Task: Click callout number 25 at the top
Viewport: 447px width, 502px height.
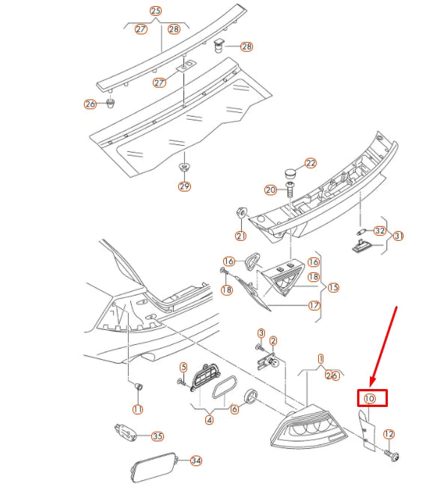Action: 156,11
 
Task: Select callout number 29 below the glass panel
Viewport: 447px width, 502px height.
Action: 184,186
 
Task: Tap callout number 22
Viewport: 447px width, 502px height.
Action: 311,163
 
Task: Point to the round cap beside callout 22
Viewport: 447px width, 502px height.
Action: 291,174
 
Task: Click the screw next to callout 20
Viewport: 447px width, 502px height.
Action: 291,189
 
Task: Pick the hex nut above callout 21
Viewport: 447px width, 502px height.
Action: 242,213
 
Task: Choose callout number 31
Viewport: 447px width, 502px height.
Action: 398,236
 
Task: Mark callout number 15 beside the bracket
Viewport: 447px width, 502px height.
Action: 333,287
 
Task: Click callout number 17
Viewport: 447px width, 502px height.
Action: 314,305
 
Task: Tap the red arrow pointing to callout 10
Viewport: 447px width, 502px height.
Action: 384,346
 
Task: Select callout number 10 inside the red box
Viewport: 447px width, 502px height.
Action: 369,399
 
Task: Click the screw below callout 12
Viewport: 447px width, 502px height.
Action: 392,456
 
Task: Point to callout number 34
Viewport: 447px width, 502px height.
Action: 195,460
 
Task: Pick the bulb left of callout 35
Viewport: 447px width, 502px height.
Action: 126,432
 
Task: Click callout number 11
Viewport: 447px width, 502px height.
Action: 138,408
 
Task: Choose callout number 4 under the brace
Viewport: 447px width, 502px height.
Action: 209,420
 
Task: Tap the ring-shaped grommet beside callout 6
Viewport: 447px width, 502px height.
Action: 251,396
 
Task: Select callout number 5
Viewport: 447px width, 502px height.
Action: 183,367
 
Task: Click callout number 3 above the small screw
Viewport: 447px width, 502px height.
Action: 261,333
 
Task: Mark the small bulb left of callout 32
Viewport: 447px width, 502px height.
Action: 361,231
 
